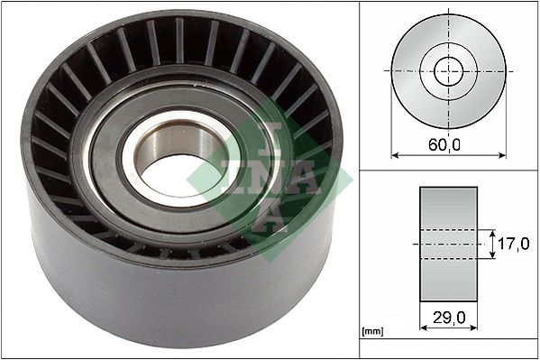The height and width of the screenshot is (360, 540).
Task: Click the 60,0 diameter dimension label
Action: pos(447,144)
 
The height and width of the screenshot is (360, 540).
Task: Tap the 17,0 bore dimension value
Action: pos(512,244)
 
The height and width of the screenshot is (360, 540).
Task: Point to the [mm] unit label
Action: pos(372,333)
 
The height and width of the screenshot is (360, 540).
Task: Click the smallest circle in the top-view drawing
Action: pos(448,71)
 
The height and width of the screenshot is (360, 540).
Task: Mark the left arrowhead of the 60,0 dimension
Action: pos(394,155)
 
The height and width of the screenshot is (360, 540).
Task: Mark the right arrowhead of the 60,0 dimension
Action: pos(502,155)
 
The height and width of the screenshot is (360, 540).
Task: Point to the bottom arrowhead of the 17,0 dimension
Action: pos(493,257)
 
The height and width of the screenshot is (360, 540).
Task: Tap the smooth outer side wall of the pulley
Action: pos(162,298)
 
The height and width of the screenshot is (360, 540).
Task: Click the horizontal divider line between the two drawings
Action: pos(448,170)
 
